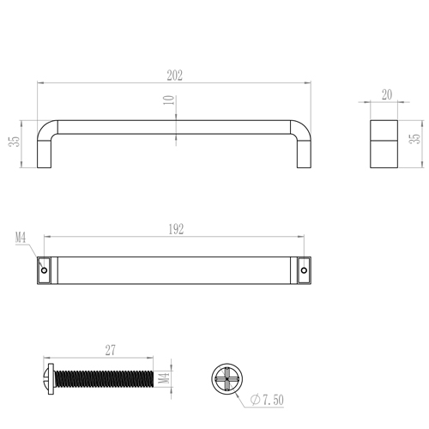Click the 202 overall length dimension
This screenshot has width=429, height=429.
pyautogui.click(x=175, y=76)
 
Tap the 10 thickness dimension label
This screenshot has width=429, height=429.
pyautogui.click(x=169, y=100)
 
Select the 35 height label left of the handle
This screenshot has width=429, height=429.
pyautogui.click(x=15, y=142)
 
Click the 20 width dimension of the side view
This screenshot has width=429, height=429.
pyautogui.click(x=387, y=94)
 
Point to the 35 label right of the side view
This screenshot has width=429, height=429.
pyautogui.click(x=415, y=138)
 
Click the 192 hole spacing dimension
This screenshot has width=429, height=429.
pyautogui.click(x=176, y=229)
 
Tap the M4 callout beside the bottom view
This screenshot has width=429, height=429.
pyautogui.click(x=21, y=238)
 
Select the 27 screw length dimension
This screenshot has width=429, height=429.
pyautogui.click(x=111, y=350)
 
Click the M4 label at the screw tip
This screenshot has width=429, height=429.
pyautogui.click(x=164, y=378)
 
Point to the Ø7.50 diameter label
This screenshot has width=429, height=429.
pyautogui.click(x=267, y=400)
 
